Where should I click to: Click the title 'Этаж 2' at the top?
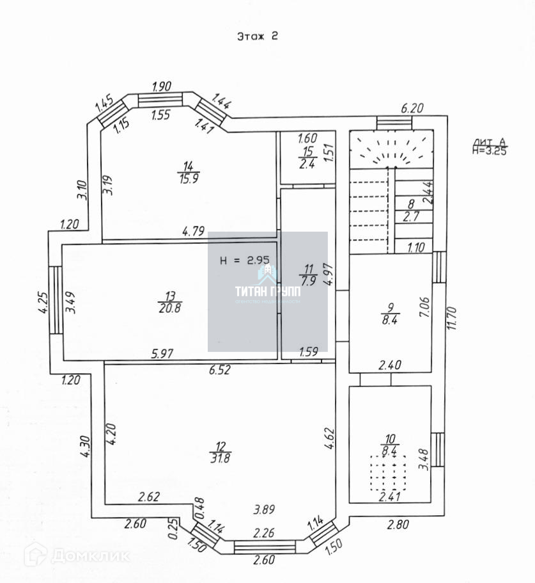coord(257,36)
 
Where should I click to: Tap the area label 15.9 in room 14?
coord(189,179)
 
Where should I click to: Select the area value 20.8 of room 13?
coord(170,307)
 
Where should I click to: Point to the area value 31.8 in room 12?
coord(222,458)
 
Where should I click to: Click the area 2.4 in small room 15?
coord(308,163)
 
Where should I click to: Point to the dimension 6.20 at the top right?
coord(412,109)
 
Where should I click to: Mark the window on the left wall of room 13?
coord(57,299)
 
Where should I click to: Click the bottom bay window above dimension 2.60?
coord(265,546)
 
